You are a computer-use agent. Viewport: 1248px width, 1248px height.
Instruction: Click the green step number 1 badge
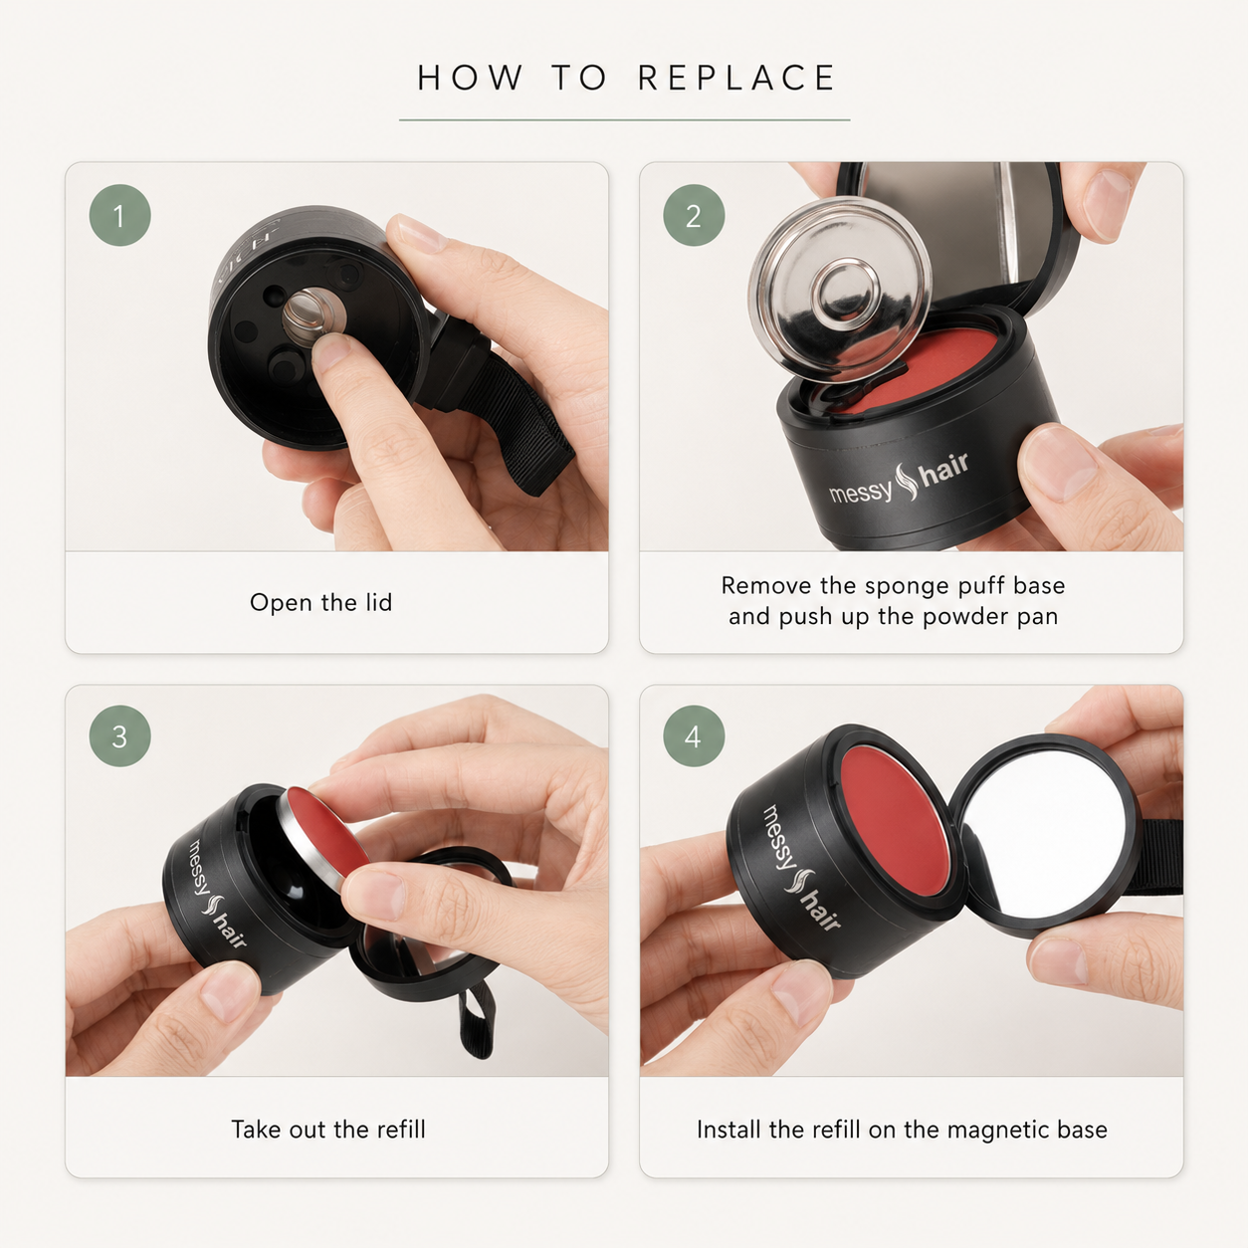tap(119, 215)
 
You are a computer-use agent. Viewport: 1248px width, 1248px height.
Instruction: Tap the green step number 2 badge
tap(694, 215)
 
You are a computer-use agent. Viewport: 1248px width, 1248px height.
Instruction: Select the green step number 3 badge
tap(119, 736)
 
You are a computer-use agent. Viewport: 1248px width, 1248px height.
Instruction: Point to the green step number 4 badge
tap(694, 736)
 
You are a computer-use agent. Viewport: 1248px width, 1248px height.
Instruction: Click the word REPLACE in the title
tap(737, 78)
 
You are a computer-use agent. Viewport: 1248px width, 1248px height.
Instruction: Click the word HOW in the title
tap(470, 78)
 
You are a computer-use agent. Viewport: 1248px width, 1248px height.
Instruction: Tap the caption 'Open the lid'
tap(321, 602)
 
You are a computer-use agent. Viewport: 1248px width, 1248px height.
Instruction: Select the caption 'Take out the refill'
tap(328, 1129)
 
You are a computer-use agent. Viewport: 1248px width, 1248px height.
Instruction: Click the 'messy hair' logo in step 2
tap(899, 480)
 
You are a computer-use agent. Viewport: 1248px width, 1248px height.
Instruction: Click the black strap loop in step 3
tap(478, 1019)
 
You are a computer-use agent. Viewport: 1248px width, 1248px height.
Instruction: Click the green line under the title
tap(624, 119)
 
